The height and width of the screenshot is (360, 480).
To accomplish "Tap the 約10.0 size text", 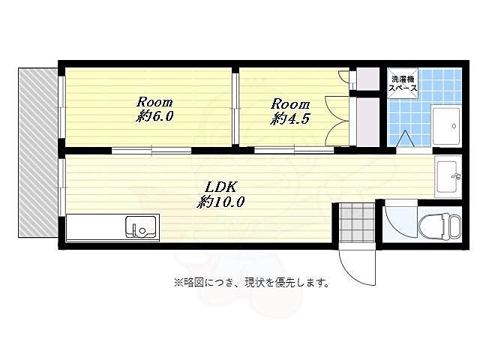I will click(x=221, y=202).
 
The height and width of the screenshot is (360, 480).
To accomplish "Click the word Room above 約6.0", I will click(x=154, y=102).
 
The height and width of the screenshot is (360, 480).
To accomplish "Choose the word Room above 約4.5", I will click(x=289, y=104).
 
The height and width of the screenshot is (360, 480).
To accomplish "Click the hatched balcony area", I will click(x=37, y=150).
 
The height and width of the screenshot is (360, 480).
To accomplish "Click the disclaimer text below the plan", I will click(x=251, y=283).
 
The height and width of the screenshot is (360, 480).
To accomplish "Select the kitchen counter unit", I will click(x=112, y=227).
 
